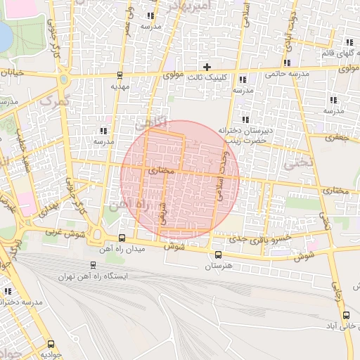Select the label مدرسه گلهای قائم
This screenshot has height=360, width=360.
(336, 53)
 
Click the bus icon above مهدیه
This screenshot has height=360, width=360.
(120, 75)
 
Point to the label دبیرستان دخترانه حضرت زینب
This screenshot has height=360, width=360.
(244, 134)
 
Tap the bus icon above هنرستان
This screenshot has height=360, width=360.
(217, 255)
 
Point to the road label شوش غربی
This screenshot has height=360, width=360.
(60, 231)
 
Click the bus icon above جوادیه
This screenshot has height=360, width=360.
(50, 344)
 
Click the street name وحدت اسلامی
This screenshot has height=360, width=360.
(224, 176)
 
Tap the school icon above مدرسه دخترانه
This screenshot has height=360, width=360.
(8, 290)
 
